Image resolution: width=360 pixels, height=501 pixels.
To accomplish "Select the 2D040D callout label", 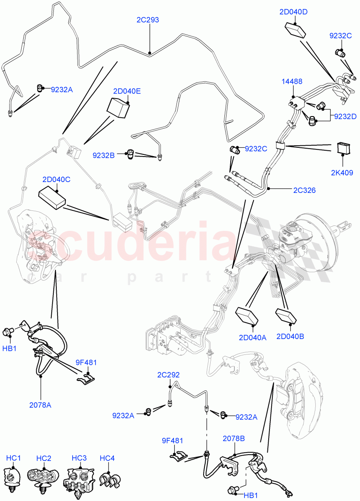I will point(293,12).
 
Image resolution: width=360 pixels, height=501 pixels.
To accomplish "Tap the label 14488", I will point(292,82).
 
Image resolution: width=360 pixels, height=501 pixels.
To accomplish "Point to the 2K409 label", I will point(342,171).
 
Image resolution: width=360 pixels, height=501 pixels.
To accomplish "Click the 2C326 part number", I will point(304,190).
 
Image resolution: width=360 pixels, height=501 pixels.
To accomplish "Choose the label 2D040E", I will point(126,91).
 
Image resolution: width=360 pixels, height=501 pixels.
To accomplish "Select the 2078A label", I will point(40,405).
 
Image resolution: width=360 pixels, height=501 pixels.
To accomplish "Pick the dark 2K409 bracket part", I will point(343,148).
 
